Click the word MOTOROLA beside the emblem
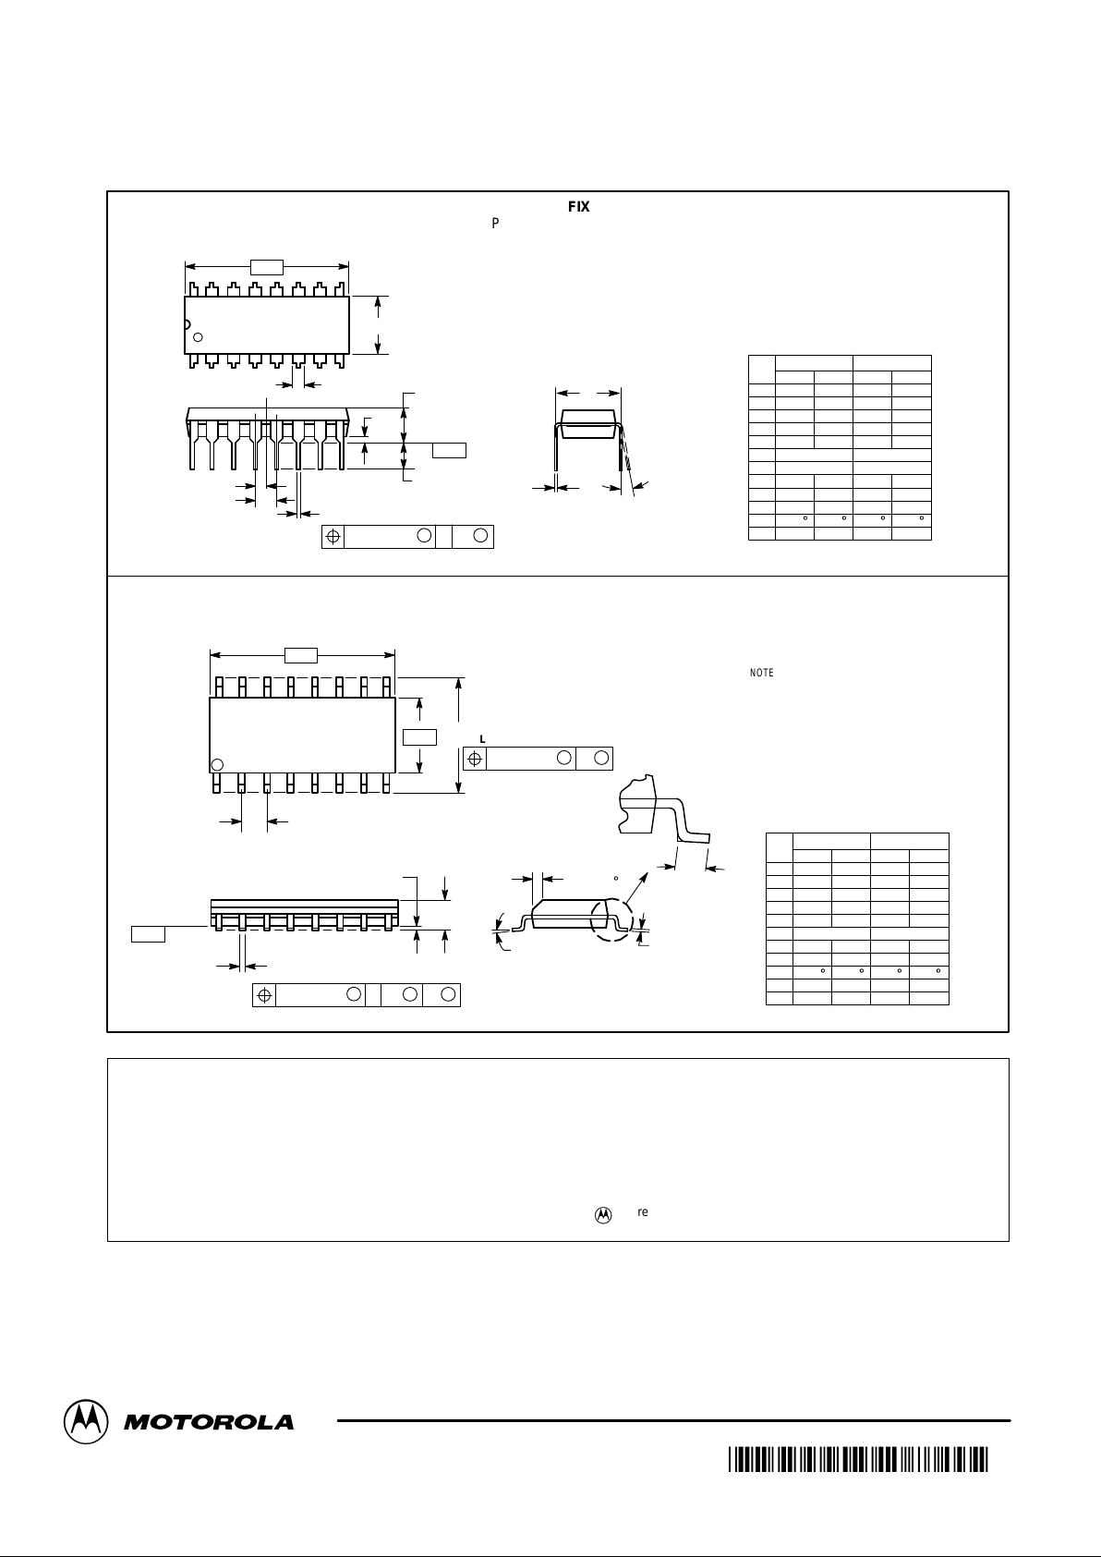[209, 1423]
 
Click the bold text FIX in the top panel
[578, 207]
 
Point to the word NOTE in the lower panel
[761, 673]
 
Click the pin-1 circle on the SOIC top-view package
[218, 764]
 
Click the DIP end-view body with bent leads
[587, 426]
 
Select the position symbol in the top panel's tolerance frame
[333, 537]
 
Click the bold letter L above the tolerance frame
[482, 738]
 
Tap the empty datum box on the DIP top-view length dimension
[267, 267]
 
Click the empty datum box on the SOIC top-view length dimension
[301, 656]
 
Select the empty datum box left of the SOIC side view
[148, 933]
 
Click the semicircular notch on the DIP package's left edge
[187, 324]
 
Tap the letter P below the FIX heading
[495, 224]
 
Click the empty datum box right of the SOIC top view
[419, 736]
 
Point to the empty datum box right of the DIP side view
[450, 450]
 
